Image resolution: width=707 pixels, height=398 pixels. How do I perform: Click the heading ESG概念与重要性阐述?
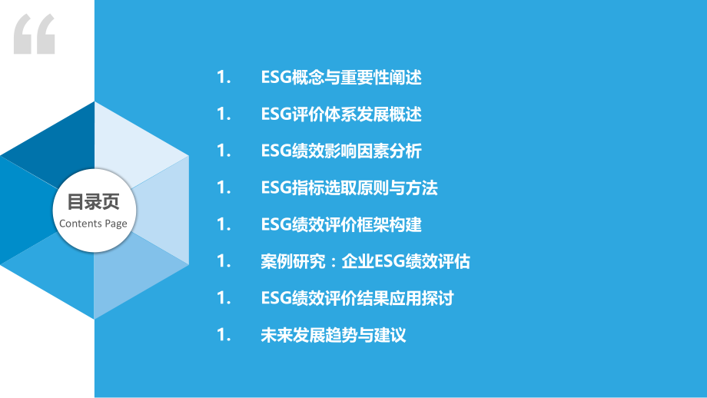[341, 78]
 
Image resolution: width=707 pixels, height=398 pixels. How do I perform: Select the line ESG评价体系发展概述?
[341, 114]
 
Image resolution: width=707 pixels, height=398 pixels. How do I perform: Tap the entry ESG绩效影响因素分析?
[341, 151]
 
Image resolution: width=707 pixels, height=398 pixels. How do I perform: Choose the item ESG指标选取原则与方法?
[350, 187]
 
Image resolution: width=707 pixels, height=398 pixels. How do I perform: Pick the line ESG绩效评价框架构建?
[341, 224]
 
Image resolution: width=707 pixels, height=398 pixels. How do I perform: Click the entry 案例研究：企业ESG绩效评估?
[365, 261]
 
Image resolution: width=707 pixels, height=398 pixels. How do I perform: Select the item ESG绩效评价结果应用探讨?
[357, 298]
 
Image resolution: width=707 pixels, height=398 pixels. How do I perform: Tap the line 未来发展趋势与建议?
[333, 335]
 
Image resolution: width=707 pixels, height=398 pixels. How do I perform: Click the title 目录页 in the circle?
[94, 203]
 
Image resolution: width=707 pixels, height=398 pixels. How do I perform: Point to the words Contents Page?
[94, 224]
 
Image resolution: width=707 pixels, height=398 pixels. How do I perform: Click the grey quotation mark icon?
[35, 35]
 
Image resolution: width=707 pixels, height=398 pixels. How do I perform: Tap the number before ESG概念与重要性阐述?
[224, 78]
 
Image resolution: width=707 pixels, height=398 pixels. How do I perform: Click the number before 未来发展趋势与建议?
[224, 335]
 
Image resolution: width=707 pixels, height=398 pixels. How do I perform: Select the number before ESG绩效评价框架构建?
[224, 224]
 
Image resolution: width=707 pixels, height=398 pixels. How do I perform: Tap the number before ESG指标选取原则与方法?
[224, 187]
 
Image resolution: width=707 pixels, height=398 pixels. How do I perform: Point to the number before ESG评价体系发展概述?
[224, 114]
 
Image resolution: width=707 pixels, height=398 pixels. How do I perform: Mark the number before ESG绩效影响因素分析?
[224, 151]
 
